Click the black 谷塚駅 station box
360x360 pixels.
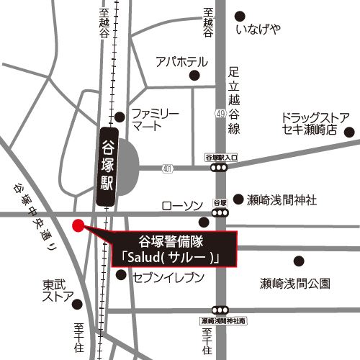(x=107, y=165)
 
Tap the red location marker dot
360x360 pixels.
(x=78, y=226)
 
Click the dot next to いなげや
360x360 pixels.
(x=240, y=14)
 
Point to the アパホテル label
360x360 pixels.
(x=181, y=61)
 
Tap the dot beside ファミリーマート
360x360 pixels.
(x=120, y=117)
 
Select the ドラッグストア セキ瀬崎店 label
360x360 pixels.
(x=315, y=124)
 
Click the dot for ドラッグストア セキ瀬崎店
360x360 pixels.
(x=349, y=132)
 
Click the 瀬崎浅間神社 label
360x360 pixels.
(x=281, y=200)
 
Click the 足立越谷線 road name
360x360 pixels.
(x=233, y=101)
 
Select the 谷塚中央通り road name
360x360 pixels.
(x=34, y=216)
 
